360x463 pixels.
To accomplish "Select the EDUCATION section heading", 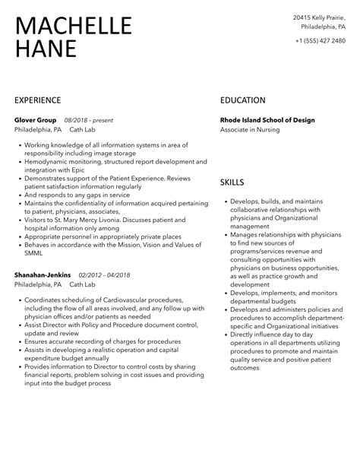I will pos(243,100).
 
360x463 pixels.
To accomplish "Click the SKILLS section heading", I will pos(232,182).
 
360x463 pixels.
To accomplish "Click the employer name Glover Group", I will pos(36,120).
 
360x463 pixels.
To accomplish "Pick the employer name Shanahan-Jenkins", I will pos(43,274).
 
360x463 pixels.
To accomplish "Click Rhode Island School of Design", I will pos(267,120).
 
